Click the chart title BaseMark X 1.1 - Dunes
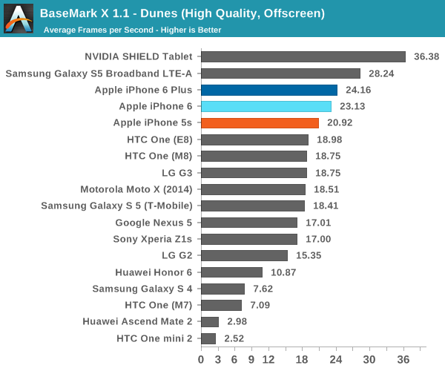171,13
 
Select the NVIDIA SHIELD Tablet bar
303,56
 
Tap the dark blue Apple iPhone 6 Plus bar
269,90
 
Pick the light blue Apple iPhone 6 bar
266,106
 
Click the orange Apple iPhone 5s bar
260,123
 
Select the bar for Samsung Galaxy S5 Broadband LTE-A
280,73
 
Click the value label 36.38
426,56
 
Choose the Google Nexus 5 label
154,223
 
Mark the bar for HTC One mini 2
208,338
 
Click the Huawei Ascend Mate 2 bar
210,322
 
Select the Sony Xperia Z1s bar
249,239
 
